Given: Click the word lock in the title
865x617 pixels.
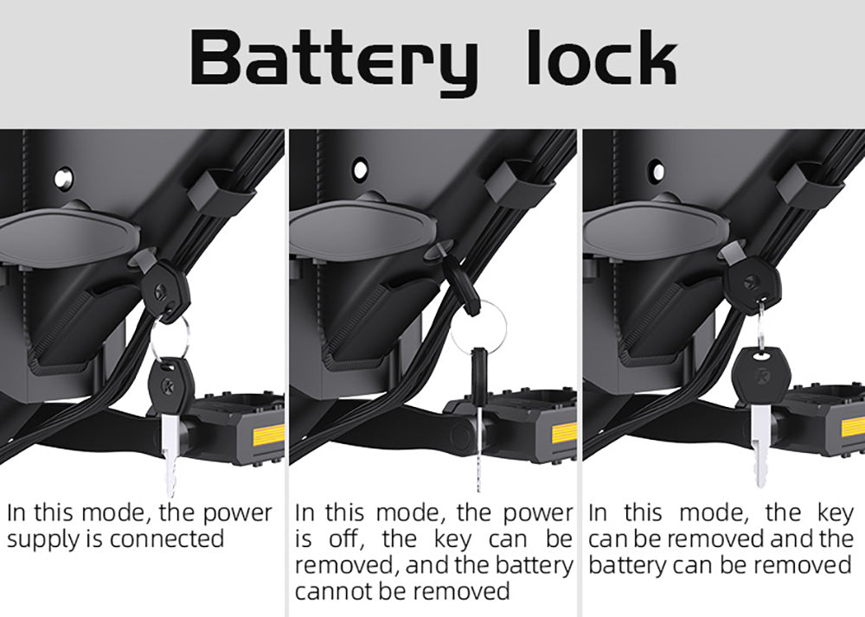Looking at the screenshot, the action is pos(602,57).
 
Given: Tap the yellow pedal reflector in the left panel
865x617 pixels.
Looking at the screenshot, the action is pos(268,435).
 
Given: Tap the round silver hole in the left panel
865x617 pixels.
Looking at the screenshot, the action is pos(63,178).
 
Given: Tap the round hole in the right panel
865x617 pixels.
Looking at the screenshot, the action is pos(657,170).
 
